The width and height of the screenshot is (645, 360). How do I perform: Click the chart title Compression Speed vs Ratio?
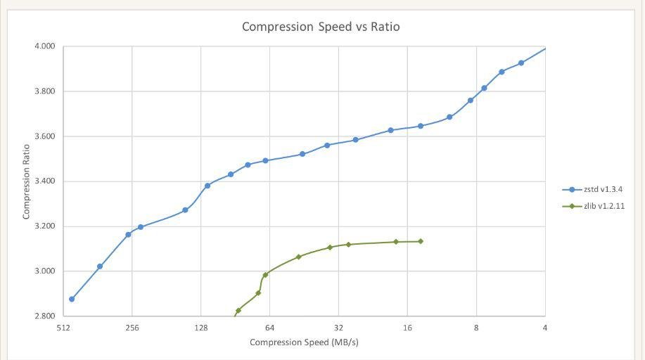coord(321,27)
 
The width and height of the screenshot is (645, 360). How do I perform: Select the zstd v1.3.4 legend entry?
coord(603,190)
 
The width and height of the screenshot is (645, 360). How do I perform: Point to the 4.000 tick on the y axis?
coord(44,46)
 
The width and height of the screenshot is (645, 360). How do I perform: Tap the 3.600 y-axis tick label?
coord(44,136)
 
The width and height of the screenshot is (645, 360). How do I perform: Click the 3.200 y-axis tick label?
coord(44,226)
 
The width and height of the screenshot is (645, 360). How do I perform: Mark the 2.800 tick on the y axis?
coord(44,316)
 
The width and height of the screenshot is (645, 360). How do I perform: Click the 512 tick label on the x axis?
coord(63,328)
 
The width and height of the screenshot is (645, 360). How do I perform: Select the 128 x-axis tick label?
coord(201,328)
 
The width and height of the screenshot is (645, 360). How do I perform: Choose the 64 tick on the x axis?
coord(269,328)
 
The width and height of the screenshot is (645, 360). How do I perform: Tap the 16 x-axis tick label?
coord(407,328)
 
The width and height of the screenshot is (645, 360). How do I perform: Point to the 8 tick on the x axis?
coord(476,328)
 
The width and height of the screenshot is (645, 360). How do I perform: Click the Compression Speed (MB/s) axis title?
coord(304,342)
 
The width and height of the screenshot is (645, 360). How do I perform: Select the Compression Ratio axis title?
coord(26,181)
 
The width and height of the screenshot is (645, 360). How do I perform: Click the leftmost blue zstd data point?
coord(72,299)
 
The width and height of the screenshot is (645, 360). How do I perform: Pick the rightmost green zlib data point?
coord(421,241)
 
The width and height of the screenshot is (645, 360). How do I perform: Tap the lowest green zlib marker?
coord(238,310)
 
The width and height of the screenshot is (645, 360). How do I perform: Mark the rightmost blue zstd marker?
coord(521,63)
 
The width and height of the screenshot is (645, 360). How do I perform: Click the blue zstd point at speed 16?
coord(421,126)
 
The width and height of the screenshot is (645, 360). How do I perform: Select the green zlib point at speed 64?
coord(265,275)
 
